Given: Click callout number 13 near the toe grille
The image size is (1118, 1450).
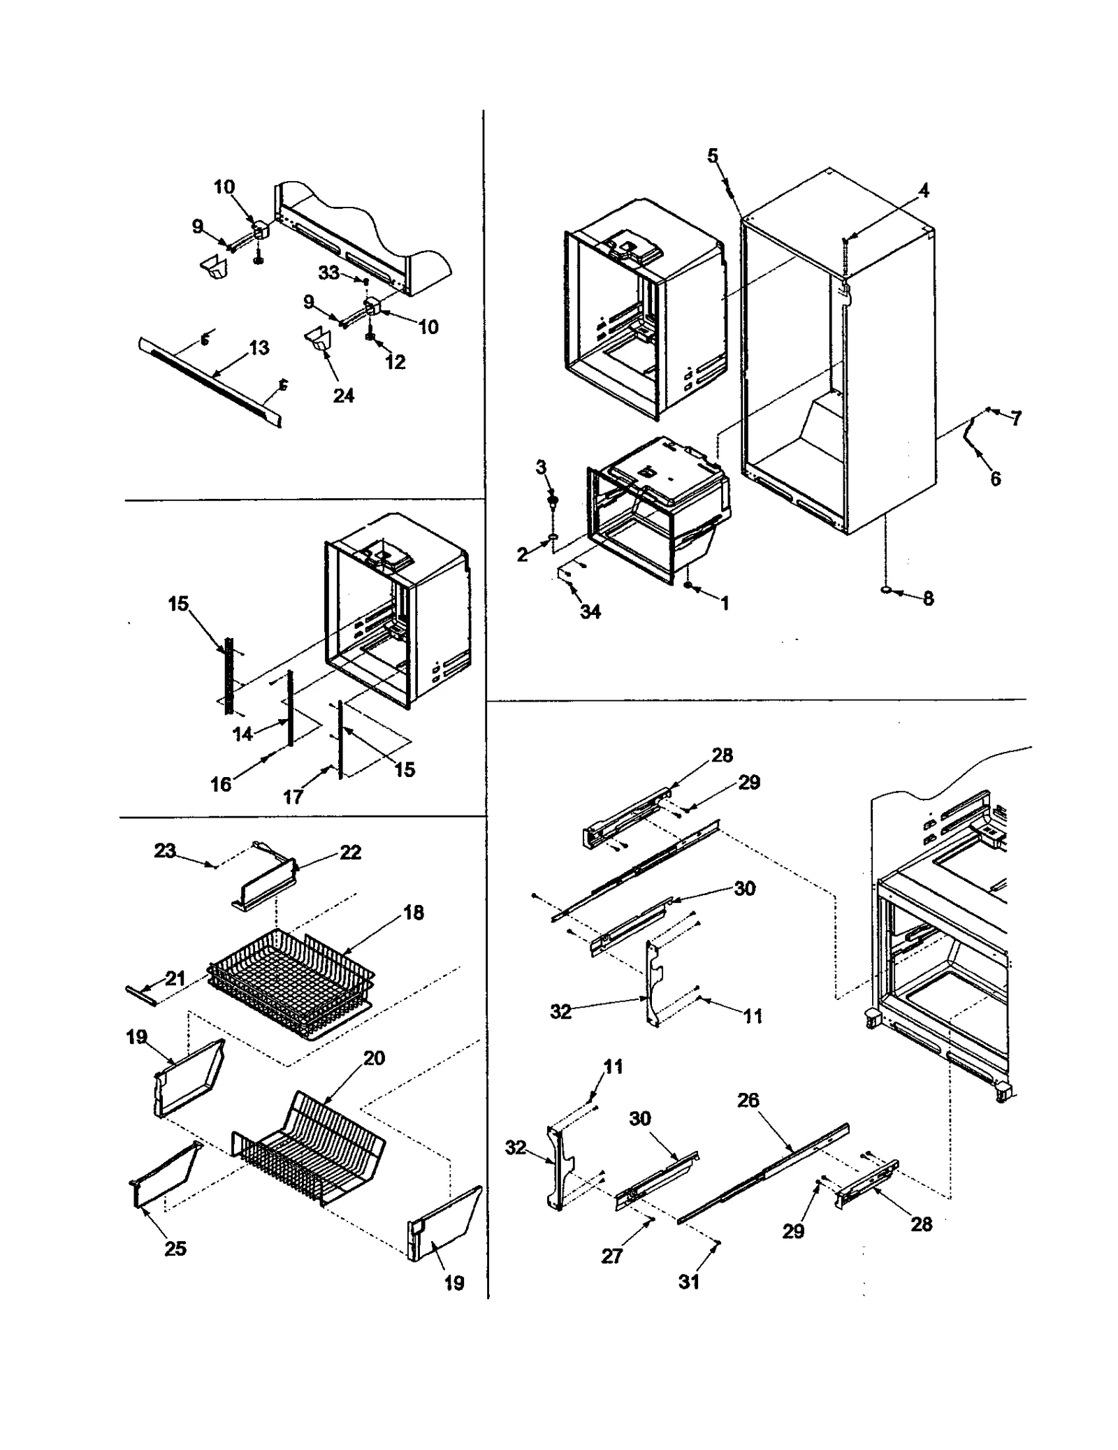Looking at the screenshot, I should pos(259,348).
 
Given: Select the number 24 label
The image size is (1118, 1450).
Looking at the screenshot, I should pos(343,396).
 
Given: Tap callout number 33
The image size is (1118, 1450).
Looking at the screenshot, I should pos(329,273).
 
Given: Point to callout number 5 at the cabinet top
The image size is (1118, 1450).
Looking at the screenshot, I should pos(712,155).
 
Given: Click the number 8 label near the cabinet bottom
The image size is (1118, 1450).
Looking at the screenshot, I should pos(928,599).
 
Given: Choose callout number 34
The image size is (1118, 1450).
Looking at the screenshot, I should pos(590,612).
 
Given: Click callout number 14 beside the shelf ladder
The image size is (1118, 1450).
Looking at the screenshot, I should pos(242,734).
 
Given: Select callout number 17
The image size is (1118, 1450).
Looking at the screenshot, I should pos(293,797).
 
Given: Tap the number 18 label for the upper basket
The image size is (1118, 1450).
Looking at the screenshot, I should pos(414,913).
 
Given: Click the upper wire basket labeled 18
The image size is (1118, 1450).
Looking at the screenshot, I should pos(293,978).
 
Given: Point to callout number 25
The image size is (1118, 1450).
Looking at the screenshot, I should pos(175,1248).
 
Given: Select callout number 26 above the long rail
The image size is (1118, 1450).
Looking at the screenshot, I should pos(748,1101).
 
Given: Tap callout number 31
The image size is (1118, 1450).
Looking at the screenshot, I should pos(689,1282).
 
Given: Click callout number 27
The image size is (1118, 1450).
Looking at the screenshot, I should pos(611,1256).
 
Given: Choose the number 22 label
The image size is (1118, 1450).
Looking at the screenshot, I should pos(350,853).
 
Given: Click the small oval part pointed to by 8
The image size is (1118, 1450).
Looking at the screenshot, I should pos(887,591).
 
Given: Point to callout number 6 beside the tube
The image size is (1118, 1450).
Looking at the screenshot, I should pos(995,479).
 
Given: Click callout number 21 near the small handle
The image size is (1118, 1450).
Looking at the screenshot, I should pos(175,978).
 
